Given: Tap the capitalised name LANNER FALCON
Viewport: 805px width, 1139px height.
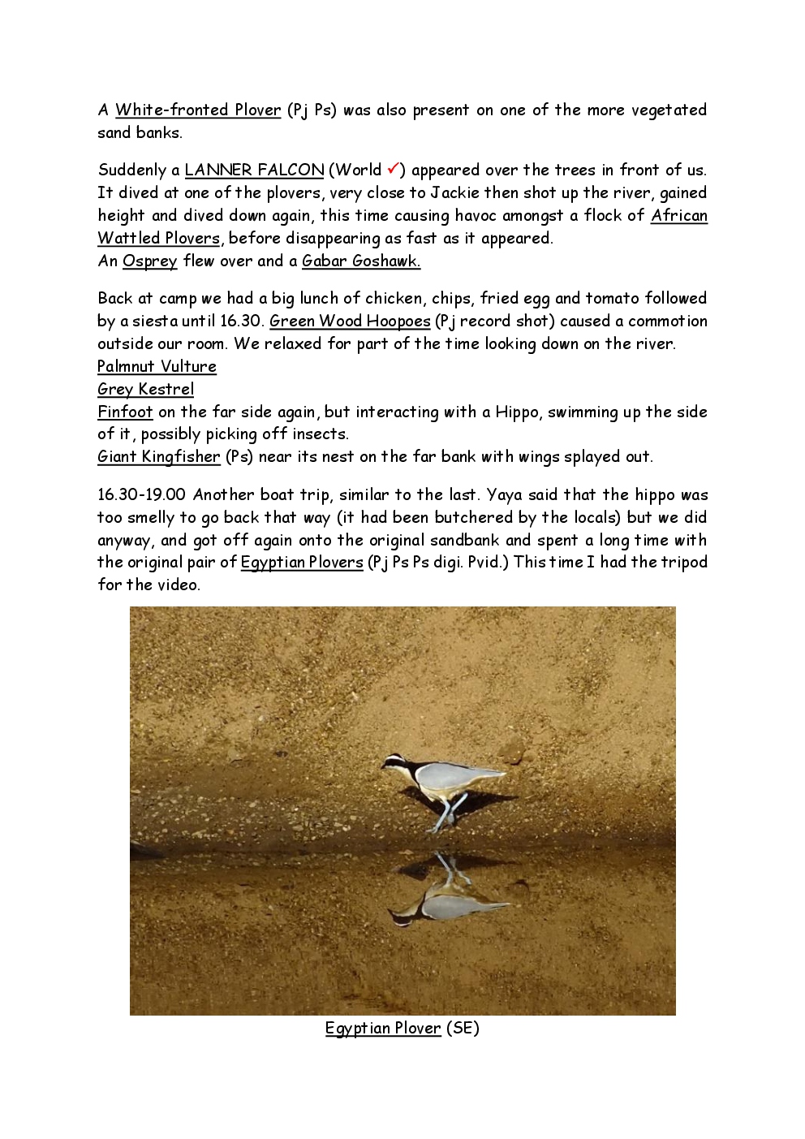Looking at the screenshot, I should pos(254,170).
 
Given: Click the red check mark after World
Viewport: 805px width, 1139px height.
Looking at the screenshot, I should pos(393,169).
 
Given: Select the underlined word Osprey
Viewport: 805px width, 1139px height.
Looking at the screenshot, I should pos(149,261).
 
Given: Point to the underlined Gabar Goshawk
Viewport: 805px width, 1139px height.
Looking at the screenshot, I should pos(360,261).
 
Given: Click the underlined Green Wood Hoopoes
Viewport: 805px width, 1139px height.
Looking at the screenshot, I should pos(349,321).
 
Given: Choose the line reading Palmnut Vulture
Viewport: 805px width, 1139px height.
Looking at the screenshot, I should pos(157,366).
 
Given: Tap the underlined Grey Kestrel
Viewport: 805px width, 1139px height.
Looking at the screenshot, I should pos(145,389).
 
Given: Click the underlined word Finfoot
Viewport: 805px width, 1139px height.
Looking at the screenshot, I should pos(125,412).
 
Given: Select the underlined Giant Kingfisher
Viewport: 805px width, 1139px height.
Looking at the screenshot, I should pos(158,456).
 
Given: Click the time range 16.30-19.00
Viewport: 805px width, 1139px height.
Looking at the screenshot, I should pos(141,494).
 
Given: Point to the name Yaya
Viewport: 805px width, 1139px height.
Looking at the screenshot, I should pos(504,494).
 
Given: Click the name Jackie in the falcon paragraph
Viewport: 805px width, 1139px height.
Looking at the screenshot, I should pos(454,192).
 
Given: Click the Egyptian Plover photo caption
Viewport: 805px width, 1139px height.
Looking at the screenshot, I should pos(402,1028).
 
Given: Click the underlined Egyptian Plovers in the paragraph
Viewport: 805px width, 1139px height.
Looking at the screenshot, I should pos(301,562).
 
